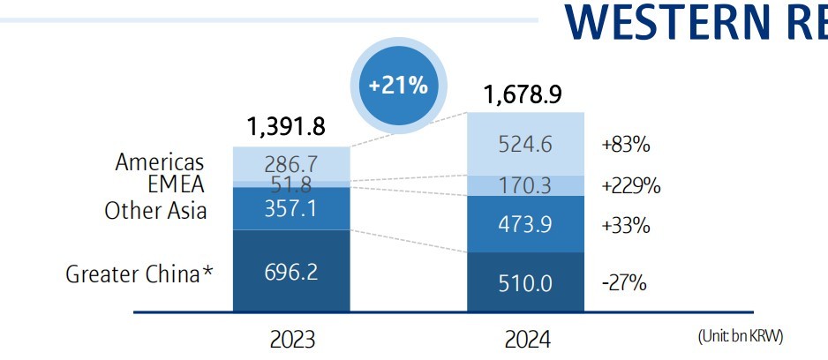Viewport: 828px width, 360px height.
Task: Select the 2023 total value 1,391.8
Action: (287, 127)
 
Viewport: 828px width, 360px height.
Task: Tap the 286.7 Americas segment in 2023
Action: (290, 164)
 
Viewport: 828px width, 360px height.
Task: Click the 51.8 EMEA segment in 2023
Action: (290, 184)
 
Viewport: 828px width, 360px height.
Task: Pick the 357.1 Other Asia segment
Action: (290, 208)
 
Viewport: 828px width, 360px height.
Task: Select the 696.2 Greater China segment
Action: (290, 273)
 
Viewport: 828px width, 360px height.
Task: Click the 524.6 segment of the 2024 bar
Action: (525, 144)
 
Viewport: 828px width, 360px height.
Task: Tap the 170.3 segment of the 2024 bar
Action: (525, 186)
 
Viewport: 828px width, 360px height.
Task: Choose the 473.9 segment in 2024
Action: (525, 224)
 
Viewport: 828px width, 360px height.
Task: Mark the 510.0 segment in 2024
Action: (525, 283)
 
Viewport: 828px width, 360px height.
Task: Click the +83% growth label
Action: (625, 144)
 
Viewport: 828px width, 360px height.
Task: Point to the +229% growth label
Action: (630, 186)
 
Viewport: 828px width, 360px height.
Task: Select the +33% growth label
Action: (625, 225)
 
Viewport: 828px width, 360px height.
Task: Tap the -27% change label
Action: (623, 283)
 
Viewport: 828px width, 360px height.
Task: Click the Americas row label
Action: (160, 162)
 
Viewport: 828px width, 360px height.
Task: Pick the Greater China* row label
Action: (139, 274)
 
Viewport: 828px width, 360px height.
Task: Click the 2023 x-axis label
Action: (290, 340)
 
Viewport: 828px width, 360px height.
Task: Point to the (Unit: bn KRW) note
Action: (740, 336)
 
